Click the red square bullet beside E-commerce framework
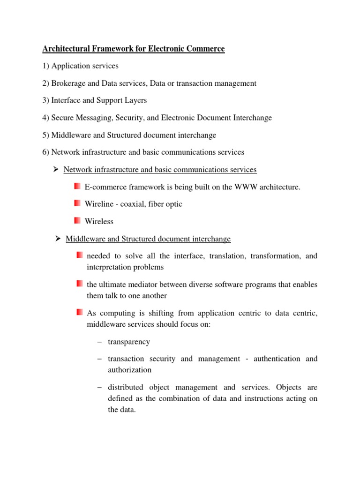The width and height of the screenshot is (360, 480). click(x=77, y=187)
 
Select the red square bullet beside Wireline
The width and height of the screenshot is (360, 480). click(x=77, y=203)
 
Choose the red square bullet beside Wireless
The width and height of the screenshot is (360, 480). click(x=77, y=220)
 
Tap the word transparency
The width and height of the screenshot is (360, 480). click(x=129, y=342)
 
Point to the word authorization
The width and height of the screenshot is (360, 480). click(x=129, y=370)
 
